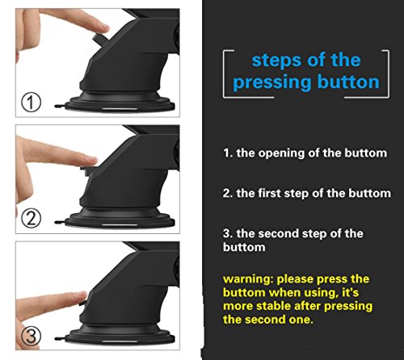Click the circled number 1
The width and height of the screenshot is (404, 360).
(x=31, y=103)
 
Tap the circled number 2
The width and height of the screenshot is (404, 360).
(x=31, y=219)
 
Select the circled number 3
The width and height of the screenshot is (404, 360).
(x=31, y=336)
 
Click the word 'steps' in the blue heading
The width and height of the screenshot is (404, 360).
(x=276, y=61)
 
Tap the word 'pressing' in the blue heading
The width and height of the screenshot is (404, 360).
(x=272, y=82)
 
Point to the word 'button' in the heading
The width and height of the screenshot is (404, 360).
(x=348, y=82)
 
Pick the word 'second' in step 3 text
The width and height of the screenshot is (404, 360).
(x=279, y=233)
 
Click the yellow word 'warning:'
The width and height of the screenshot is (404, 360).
(x=248, y=279)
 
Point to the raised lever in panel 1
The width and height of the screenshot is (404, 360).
(x=99, y=39)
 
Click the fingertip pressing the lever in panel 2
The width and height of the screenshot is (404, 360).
(x=91, y=161)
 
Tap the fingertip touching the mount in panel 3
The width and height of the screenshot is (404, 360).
(x=82, y=296)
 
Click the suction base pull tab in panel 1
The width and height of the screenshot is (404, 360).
(x=60, y=107)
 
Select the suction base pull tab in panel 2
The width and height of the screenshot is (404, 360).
(x=60, y=223)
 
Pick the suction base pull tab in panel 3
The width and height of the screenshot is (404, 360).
(x=60, y=338)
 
